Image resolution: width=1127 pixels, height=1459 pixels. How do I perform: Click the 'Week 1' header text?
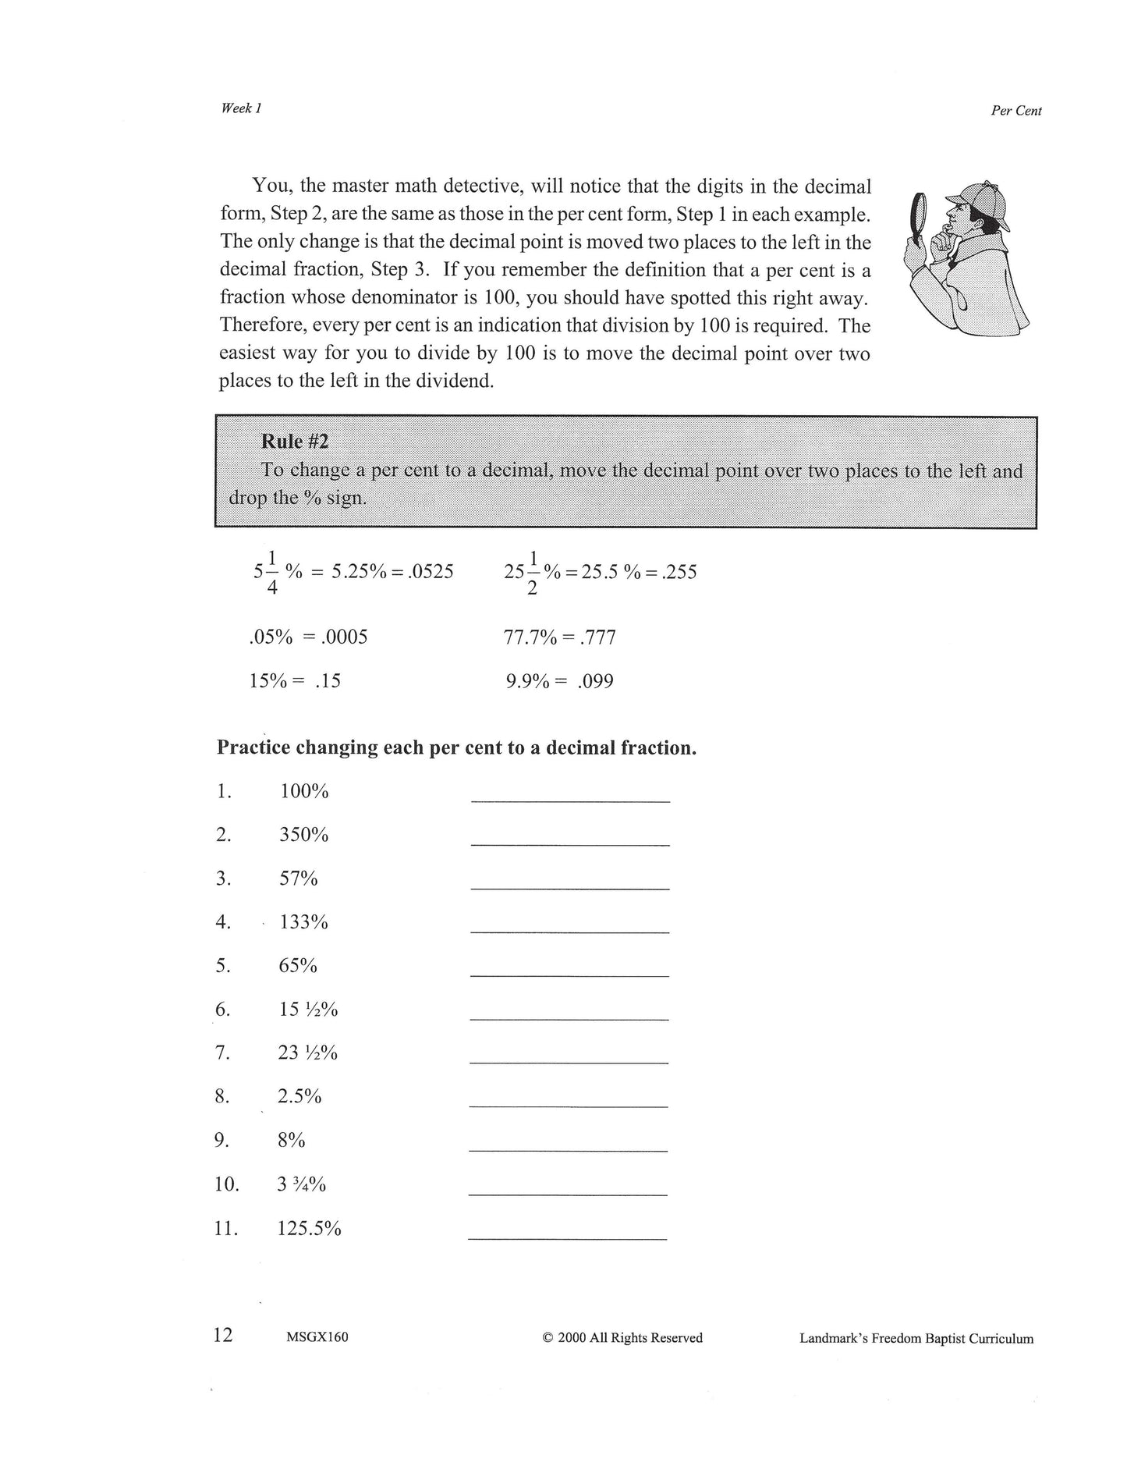click(x=241, y=108)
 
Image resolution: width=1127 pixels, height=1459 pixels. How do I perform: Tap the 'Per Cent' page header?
click(x=1015, y=111)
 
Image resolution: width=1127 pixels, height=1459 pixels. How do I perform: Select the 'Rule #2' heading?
click(x=295, y=442)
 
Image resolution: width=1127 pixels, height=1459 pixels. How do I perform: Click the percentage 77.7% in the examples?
click(x=530, y=638)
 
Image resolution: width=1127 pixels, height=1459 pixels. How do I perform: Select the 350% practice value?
click(x=304, y=835)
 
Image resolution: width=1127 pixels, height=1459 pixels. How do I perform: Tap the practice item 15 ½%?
click(x=308, y=1010)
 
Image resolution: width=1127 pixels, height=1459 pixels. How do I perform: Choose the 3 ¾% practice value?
click(x=301, y=1184)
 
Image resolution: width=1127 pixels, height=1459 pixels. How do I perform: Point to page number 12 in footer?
click(x=223, y=1335)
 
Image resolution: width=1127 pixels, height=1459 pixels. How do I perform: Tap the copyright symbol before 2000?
click(x=548, y=1338)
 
